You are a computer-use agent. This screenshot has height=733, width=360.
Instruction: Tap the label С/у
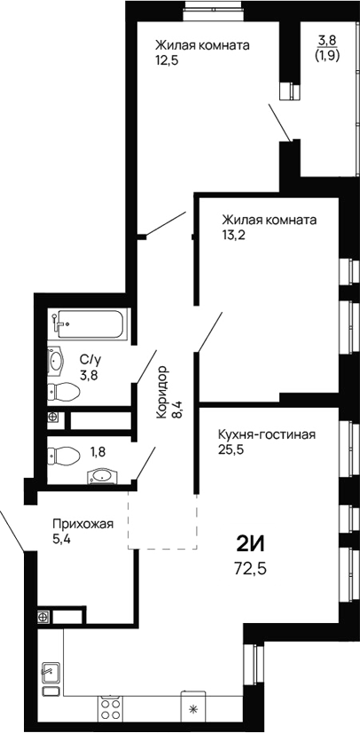(x=89, y=359)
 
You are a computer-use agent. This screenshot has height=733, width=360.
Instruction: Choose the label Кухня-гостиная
(x=266, y=434)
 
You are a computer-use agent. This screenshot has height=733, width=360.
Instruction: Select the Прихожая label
(x=83, y=523)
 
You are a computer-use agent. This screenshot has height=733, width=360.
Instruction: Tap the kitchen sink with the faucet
(x=51, y=678)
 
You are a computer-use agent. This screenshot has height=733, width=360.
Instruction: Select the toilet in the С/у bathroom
(x=63, y=392)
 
